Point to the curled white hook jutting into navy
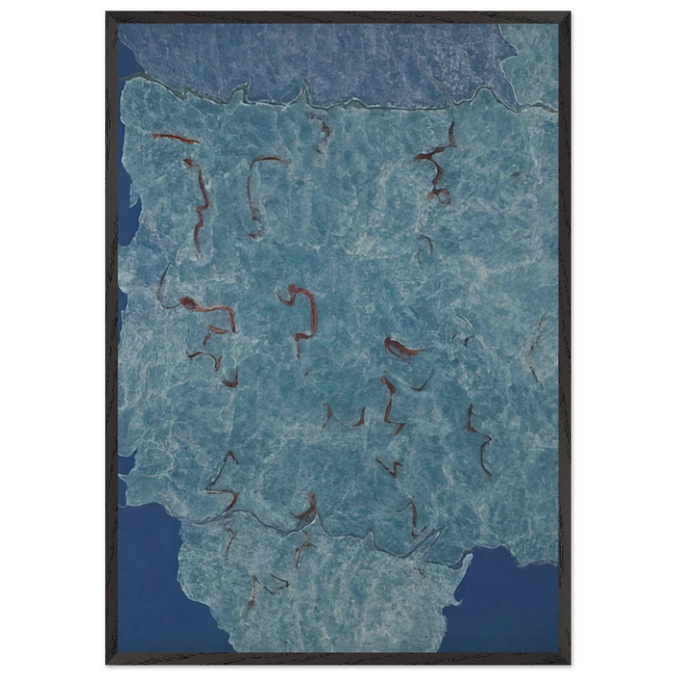pos(459,593)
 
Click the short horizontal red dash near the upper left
pos(175,138)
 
